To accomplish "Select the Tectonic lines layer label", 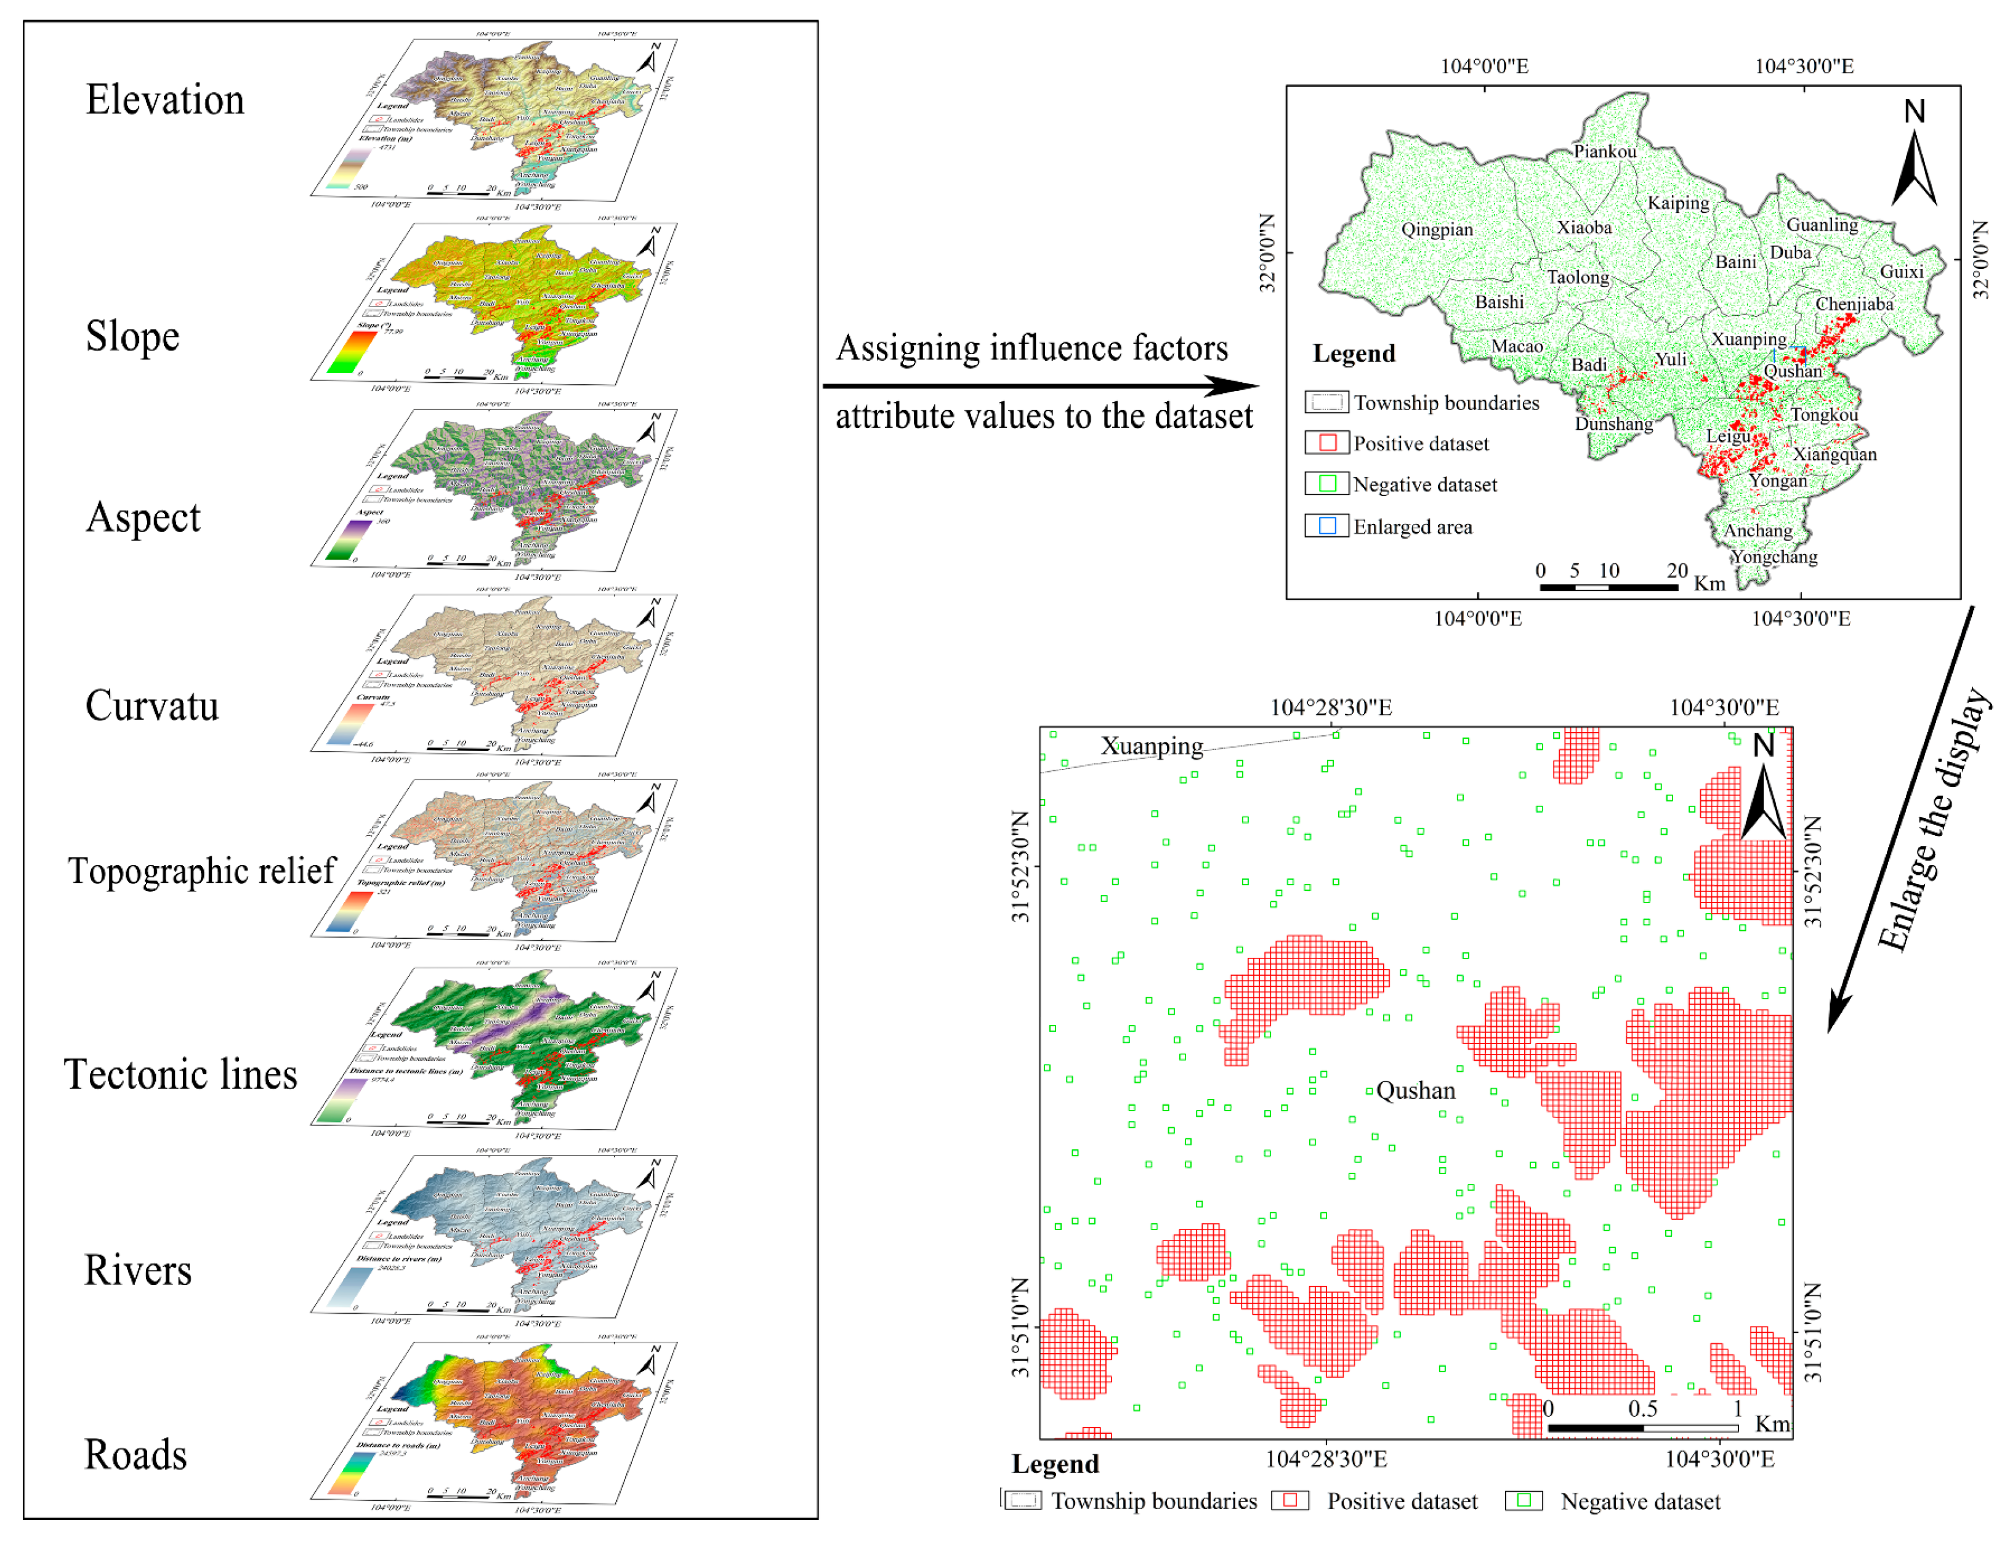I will click(x=180, y=1074).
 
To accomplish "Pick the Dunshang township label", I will click(x=1613, y=423).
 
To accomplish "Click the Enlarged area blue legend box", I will click(x=1326, y=526).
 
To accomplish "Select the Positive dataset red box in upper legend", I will click(x=1326, y=443).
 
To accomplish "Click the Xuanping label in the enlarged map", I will click(x=1152, y=746).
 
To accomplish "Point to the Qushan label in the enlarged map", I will click(x=1415, y=1090).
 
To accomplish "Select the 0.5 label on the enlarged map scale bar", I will click(x=1642, y=1408).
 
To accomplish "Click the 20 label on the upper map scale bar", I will click(x=1676, y=570).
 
